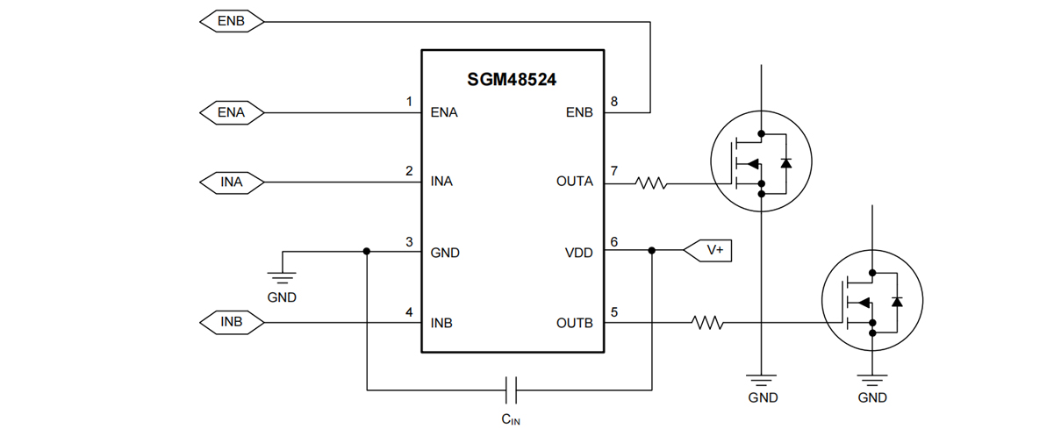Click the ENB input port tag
(x=232, y=21)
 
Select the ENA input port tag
(x=232, y=112)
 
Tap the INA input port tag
(x=232, y=182)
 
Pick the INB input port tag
(x=232, y=323)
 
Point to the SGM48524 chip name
(x=513, y=79)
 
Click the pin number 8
(x=614, y=102)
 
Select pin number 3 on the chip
(x=409, y=242)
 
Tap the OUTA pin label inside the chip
(x=575, y=182)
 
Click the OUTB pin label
(x=575, y=323)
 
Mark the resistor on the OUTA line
(x=651, y=183)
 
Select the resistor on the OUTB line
(x=707, y=324)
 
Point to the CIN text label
(x=512, y=419)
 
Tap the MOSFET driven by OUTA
(x=760, y=161)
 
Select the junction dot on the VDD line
(x=651, y=252)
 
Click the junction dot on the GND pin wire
(x=367, y=252)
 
